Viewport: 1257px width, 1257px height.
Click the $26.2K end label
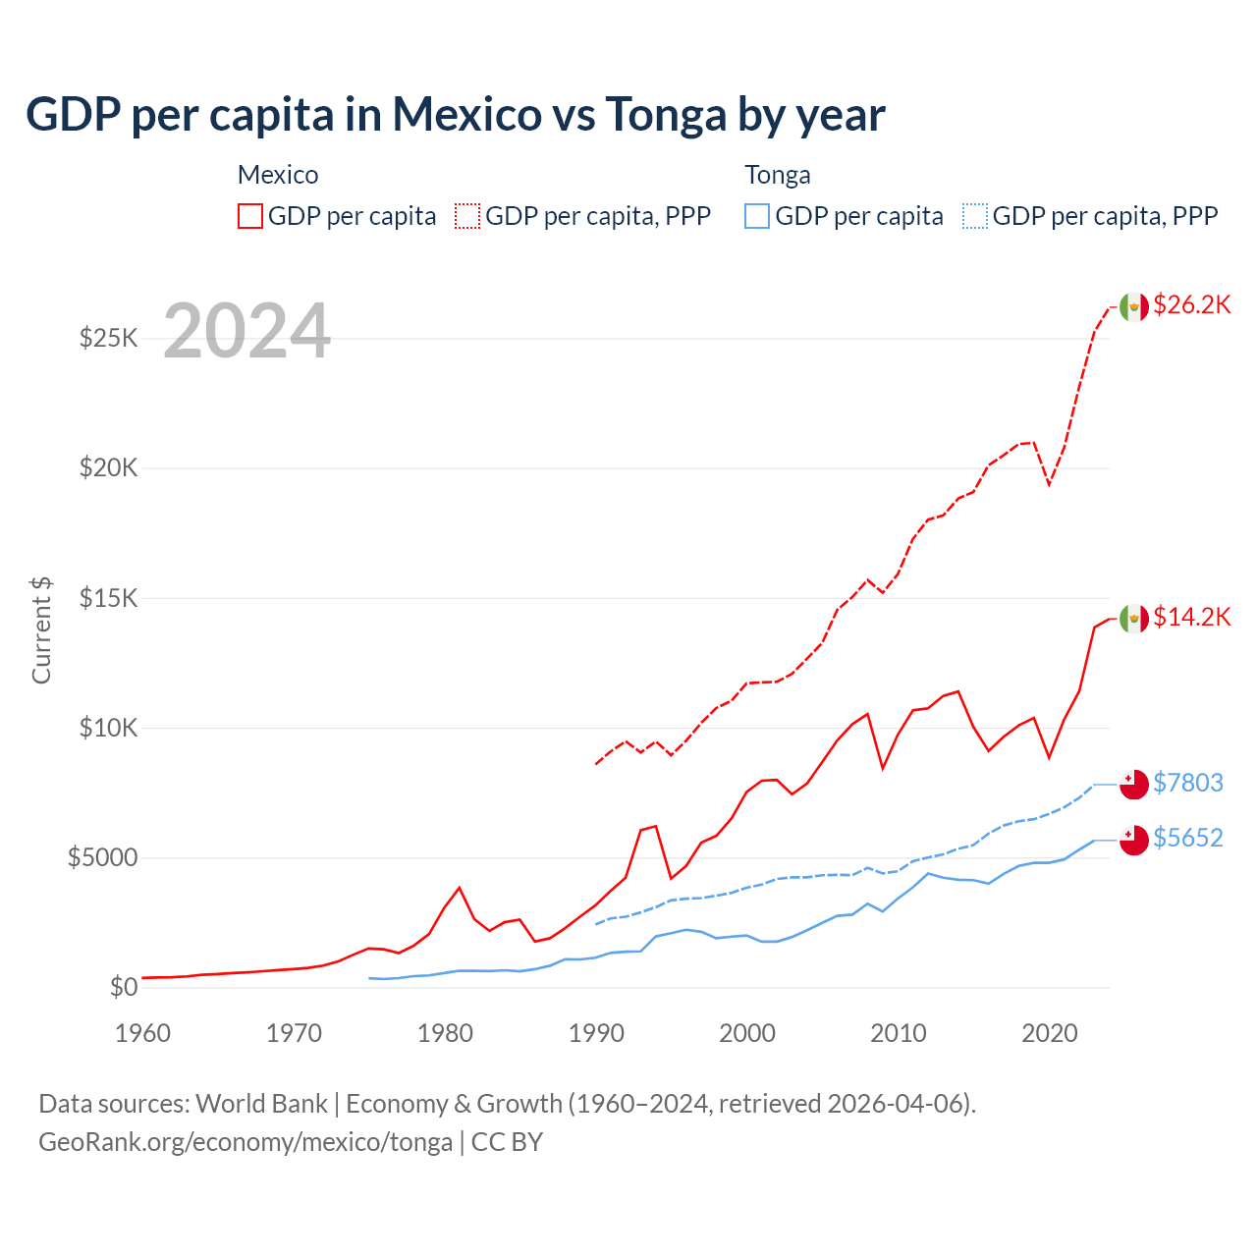(x=1191, y=305)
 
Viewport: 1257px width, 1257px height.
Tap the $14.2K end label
(x=1191, y=617)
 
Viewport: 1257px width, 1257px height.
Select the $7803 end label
(x=1187, y=783)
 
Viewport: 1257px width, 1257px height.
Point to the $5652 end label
(x=1187, y=838)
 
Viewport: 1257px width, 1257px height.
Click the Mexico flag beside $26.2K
(x=1134, y=306)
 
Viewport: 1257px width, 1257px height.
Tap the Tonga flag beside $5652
(x=1134, y=840)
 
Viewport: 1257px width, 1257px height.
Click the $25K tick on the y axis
(x=108, y=339)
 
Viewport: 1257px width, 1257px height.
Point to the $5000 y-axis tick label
(x=102, y=857)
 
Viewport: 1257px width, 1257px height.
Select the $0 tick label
(x=123, y=987)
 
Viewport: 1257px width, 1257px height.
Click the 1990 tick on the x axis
(x=596, y=1033)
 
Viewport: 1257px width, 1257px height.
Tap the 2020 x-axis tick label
(x=1050, y=1033)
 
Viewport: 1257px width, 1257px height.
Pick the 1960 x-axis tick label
(x=143, y=1033)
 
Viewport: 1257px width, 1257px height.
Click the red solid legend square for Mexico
(x=250, y=216)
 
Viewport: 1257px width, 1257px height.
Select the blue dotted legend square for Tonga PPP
(x=975, y=216)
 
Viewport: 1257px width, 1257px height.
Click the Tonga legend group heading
(x=778, y=175)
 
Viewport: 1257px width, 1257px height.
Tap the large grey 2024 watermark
(x=246, y=331)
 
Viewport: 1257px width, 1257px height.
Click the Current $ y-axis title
(x=41, y=630)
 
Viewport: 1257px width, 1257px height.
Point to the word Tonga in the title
(x=666, y=115)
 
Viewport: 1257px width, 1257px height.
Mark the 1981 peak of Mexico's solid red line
(x=459, y=888)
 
